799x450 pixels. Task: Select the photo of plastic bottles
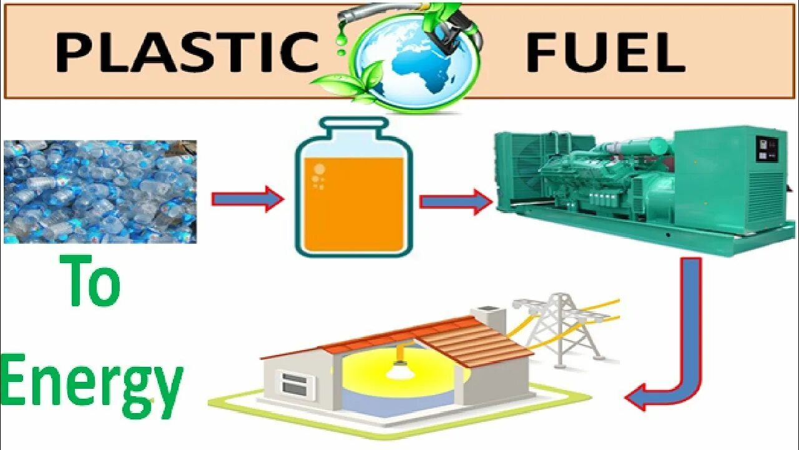(x=100, y=191)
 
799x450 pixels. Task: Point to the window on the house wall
(x=295, y=382)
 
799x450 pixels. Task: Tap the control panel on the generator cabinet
(x=765, y=150)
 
